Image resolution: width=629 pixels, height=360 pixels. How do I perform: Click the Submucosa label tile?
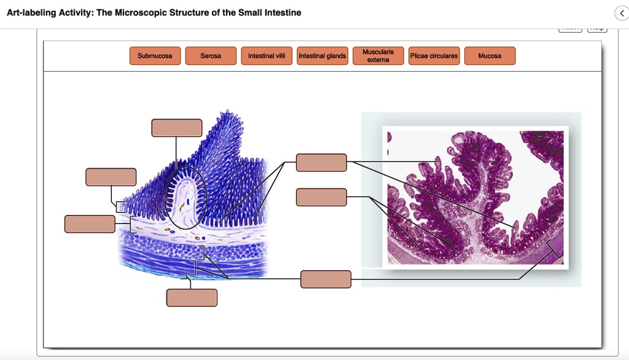click(x=155, y=56)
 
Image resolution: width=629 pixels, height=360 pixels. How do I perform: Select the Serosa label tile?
click(x=211, y=56)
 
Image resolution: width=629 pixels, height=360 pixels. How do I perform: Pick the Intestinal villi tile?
click(x=266, y=56)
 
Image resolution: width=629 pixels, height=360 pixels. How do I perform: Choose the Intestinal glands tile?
click(x=322, y=56)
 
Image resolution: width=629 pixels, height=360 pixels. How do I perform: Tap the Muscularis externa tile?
click(x=378, y=56)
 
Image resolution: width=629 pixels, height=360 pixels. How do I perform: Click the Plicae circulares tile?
click(x=434, y=56)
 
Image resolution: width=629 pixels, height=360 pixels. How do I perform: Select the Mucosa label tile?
click(x=490, y=56)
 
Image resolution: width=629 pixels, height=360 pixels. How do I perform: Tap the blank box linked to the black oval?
click(x=177, y=128)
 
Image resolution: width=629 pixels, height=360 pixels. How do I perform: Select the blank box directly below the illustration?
click(x=192, y=297)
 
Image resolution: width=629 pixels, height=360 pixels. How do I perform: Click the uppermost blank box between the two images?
click(x=321, y=162)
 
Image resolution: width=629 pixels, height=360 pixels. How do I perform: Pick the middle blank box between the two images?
click(x=321, y=197)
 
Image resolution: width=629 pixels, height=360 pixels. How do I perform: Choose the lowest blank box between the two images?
click(x=326, y=279)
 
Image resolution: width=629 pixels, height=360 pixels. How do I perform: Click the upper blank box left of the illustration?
click(x=111, y=177)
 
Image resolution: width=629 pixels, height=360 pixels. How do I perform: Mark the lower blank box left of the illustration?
click(x=90, y=224)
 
